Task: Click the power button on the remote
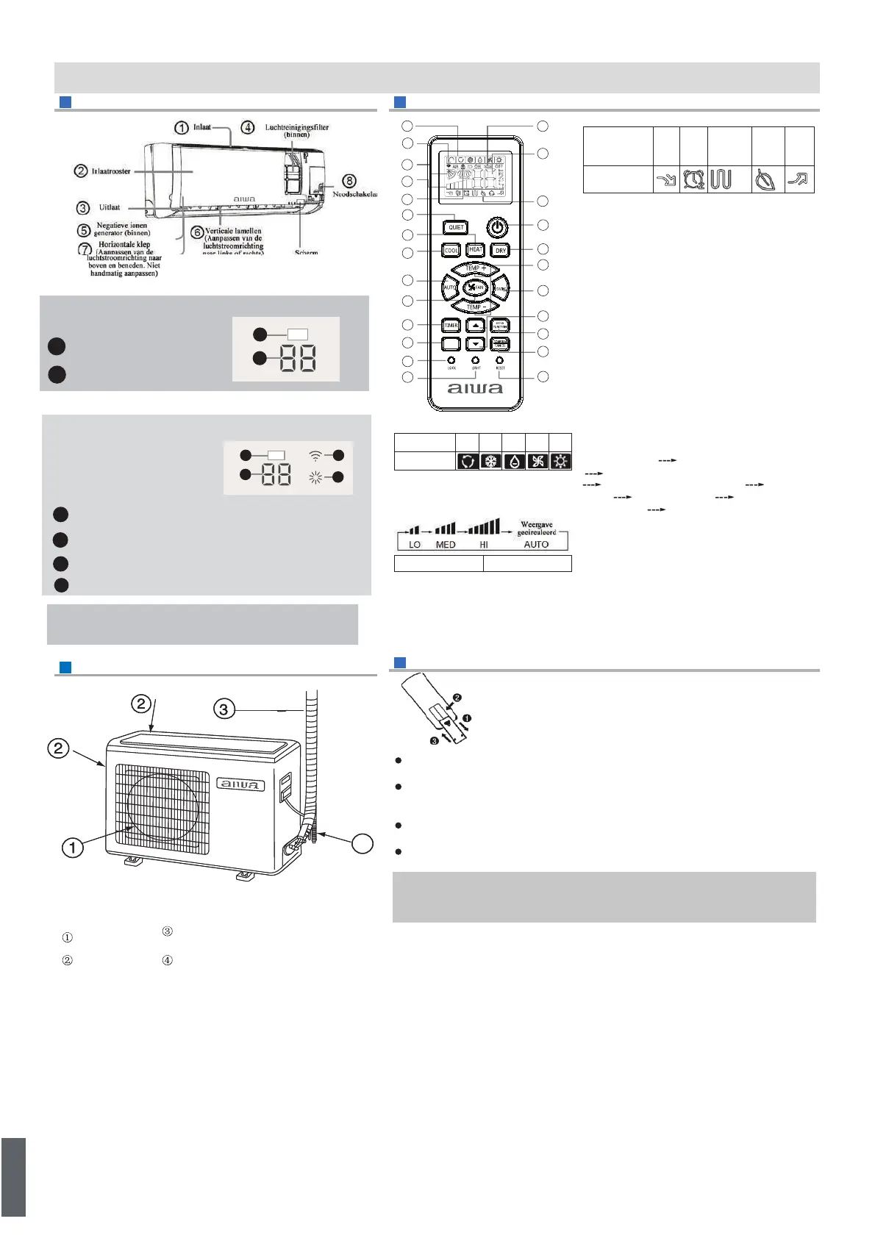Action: coord(498,227)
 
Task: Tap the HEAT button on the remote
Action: coord(476,250)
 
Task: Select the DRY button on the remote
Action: coord(501,251)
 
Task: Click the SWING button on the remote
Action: coord(501,289)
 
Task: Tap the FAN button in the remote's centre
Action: coord(475,287)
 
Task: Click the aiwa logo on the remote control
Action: coord(475,388)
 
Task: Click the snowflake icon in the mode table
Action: coord(490,462)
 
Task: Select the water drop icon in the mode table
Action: coord(515,462)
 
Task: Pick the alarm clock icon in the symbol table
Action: coord(693,179)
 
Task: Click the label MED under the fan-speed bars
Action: coord(446,545)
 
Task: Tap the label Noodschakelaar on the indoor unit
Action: coord(356,194)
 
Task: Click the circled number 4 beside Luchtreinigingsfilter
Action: coord(249,127)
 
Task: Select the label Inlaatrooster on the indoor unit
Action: coord(111,171)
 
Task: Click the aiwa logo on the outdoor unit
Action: coord(240,784)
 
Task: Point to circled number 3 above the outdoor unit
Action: coord(224,709)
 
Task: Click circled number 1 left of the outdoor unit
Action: coord(72,848)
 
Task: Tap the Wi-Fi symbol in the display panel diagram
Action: coord(315,455)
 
